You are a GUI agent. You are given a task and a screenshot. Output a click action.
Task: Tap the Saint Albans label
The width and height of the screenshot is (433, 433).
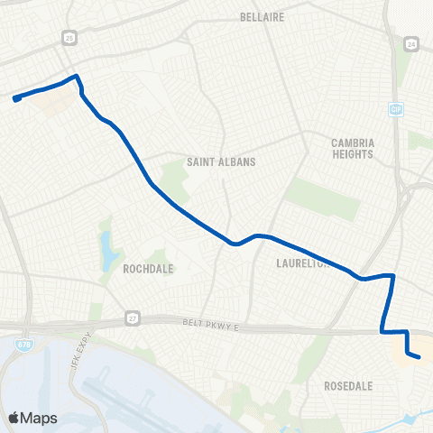coord(221,161)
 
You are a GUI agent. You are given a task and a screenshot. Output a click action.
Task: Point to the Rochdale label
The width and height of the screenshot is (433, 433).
coord(148,268)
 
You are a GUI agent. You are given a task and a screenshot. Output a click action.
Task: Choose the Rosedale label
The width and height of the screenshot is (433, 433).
coord(348,385)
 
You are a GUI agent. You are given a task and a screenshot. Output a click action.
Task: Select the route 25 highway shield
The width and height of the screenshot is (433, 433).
coord(69,37)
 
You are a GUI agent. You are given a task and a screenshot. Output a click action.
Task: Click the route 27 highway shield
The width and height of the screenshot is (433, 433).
coord(132,318)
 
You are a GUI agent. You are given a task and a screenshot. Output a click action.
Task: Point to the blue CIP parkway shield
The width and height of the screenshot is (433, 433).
coord(395,109)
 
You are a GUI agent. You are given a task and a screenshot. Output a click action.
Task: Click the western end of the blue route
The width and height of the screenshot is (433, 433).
coord(16,98)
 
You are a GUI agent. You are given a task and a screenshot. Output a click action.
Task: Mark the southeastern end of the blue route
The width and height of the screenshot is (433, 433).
coord(419,357)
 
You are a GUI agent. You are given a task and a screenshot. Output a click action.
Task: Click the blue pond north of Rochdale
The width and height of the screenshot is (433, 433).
coord(109,246)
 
